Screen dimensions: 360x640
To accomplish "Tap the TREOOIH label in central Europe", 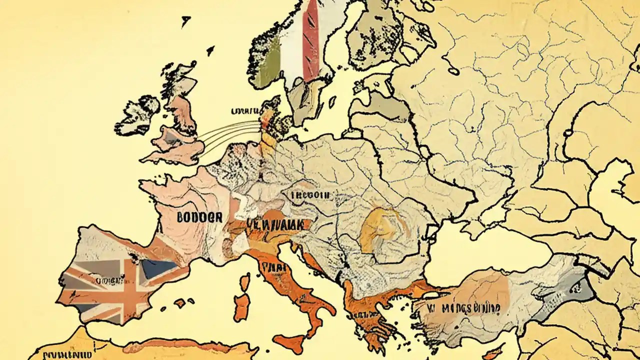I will (306, 195).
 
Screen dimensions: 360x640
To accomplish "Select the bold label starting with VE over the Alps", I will (274, 225).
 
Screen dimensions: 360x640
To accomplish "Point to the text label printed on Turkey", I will (457, 306).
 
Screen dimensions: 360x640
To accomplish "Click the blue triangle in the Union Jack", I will (159, 269).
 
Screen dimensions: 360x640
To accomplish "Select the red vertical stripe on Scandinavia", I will (311, 40).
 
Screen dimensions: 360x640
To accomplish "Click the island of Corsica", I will (244, 282).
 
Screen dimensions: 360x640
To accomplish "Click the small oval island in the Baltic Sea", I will (453, 71).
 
